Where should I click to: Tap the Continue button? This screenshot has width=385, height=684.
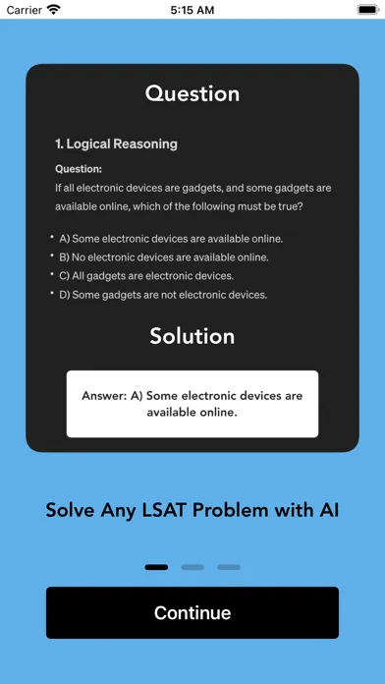pos(192,612)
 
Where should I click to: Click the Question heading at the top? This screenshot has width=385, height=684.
pos(192,94)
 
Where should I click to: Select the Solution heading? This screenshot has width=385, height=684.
pos(192,336)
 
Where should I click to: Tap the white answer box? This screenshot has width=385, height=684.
pos(192,404)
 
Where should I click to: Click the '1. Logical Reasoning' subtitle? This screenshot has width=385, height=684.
pos(117,143)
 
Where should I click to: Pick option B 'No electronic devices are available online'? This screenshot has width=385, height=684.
pos(164,257)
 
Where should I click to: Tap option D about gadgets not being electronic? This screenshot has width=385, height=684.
pos(163,295)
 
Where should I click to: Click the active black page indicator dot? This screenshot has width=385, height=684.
pos(156,567)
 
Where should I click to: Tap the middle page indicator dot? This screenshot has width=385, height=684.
pos(192,567)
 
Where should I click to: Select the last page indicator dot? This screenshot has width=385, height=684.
pos(229,567)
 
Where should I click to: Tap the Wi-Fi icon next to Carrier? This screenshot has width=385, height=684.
pos(53,9)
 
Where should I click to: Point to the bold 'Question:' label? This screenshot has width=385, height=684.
pos(79,168)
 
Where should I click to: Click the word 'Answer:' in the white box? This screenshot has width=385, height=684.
pos(106,396)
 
